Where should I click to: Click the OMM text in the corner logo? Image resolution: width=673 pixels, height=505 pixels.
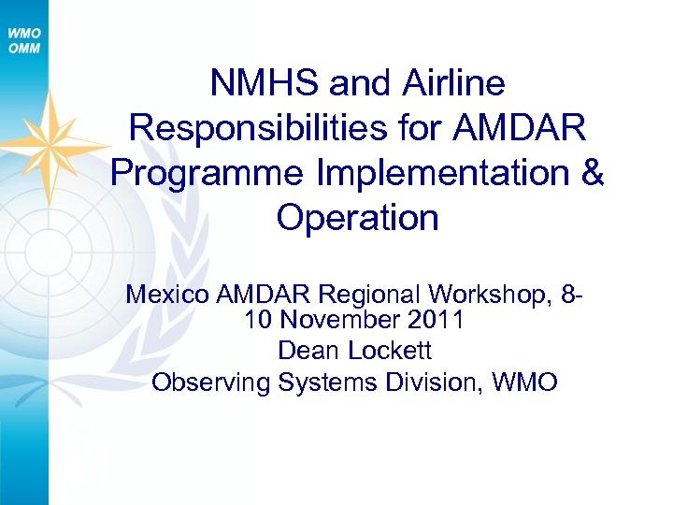[x=24, y=49]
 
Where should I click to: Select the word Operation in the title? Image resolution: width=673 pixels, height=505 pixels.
[x=357, y=218]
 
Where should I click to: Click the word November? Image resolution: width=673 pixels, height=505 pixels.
[x=350, y=322]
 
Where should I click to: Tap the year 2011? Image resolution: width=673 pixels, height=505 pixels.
[x=437, y=322]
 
